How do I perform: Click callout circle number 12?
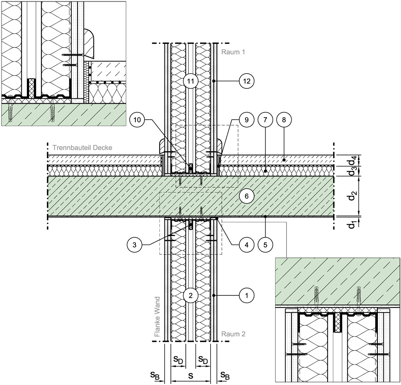click(x=246, y=81)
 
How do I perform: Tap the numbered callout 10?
click(x=137, y=119)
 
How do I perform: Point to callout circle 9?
click(x=246, y=119)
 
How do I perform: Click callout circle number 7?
click(x=265, y=119)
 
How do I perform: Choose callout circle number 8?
click(x=284, y=119)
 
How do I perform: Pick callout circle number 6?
click(x=246, y=196)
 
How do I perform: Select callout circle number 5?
click(x=265, y=245)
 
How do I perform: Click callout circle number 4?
click(x=246, y=245)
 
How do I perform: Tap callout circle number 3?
click(x=134, y=245)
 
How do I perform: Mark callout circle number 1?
click(x=246, y=295)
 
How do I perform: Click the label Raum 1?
click(x=233, y=52)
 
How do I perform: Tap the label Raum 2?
click(x=233, y=334)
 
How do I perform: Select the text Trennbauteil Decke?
click(x=83, y=148)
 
